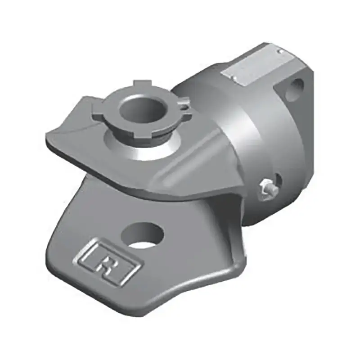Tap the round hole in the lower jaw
pos(143,235)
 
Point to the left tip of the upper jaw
pos(48,135)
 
